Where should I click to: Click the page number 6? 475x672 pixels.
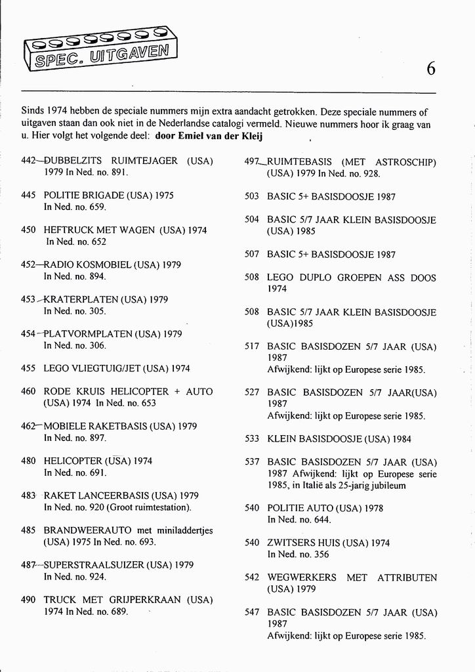click(430, 68)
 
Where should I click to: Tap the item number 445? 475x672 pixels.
click(28, 195)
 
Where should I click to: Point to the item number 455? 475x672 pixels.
click(28, 368)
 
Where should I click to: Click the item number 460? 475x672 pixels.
click(28, 391)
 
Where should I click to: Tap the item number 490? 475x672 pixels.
click(28, 599)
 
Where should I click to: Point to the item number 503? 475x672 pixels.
click(252, 196)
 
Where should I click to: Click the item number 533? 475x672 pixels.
click(252, 439)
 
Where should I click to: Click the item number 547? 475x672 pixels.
click(252, 612)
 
